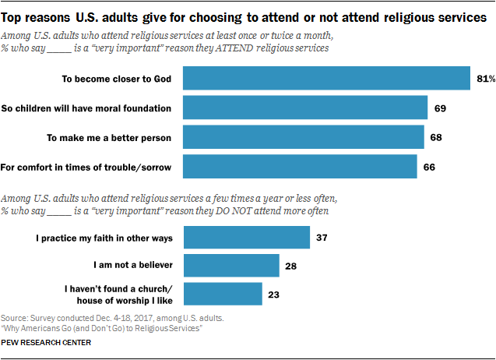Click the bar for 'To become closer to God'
click(326, 79)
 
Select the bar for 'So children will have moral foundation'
click(305, 108)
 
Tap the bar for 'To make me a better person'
click(304, 137)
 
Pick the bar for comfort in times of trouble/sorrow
click(301, 166)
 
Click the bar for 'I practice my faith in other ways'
click(246, 236)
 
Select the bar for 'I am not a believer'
click(231, 265)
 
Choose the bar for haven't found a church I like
click(223, 294)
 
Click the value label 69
click(439, 108)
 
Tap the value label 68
click(436, 137)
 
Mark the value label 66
click(430, 166)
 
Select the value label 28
click(291, 265)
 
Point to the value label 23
click(274, 294)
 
